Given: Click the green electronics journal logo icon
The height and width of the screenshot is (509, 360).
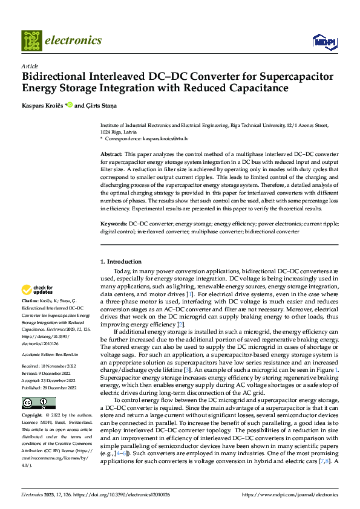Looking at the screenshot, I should pos(31,41).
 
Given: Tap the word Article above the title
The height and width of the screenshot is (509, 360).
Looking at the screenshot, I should pos(30,66).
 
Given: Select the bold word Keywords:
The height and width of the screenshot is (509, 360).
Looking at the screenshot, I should pos(114,224).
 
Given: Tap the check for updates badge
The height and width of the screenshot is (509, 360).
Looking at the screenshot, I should pos(38,290).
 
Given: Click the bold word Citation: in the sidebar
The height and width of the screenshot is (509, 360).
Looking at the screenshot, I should pos(30,301).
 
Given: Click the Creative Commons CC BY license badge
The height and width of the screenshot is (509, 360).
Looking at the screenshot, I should pos(38,403).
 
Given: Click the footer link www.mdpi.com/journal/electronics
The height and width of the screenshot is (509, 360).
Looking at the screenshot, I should pos(290,495).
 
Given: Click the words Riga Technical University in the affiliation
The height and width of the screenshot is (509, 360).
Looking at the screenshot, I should pos(264,125).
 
